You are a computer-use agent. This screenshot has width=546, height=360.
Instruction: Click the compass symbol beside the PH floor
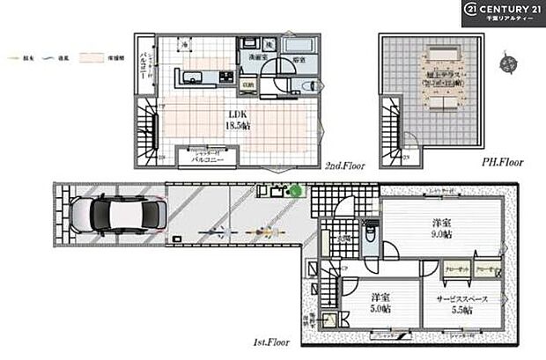pos(506,62)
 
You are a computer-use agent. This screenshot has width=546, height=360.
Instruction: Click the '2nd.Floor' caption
pos(345,165)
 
